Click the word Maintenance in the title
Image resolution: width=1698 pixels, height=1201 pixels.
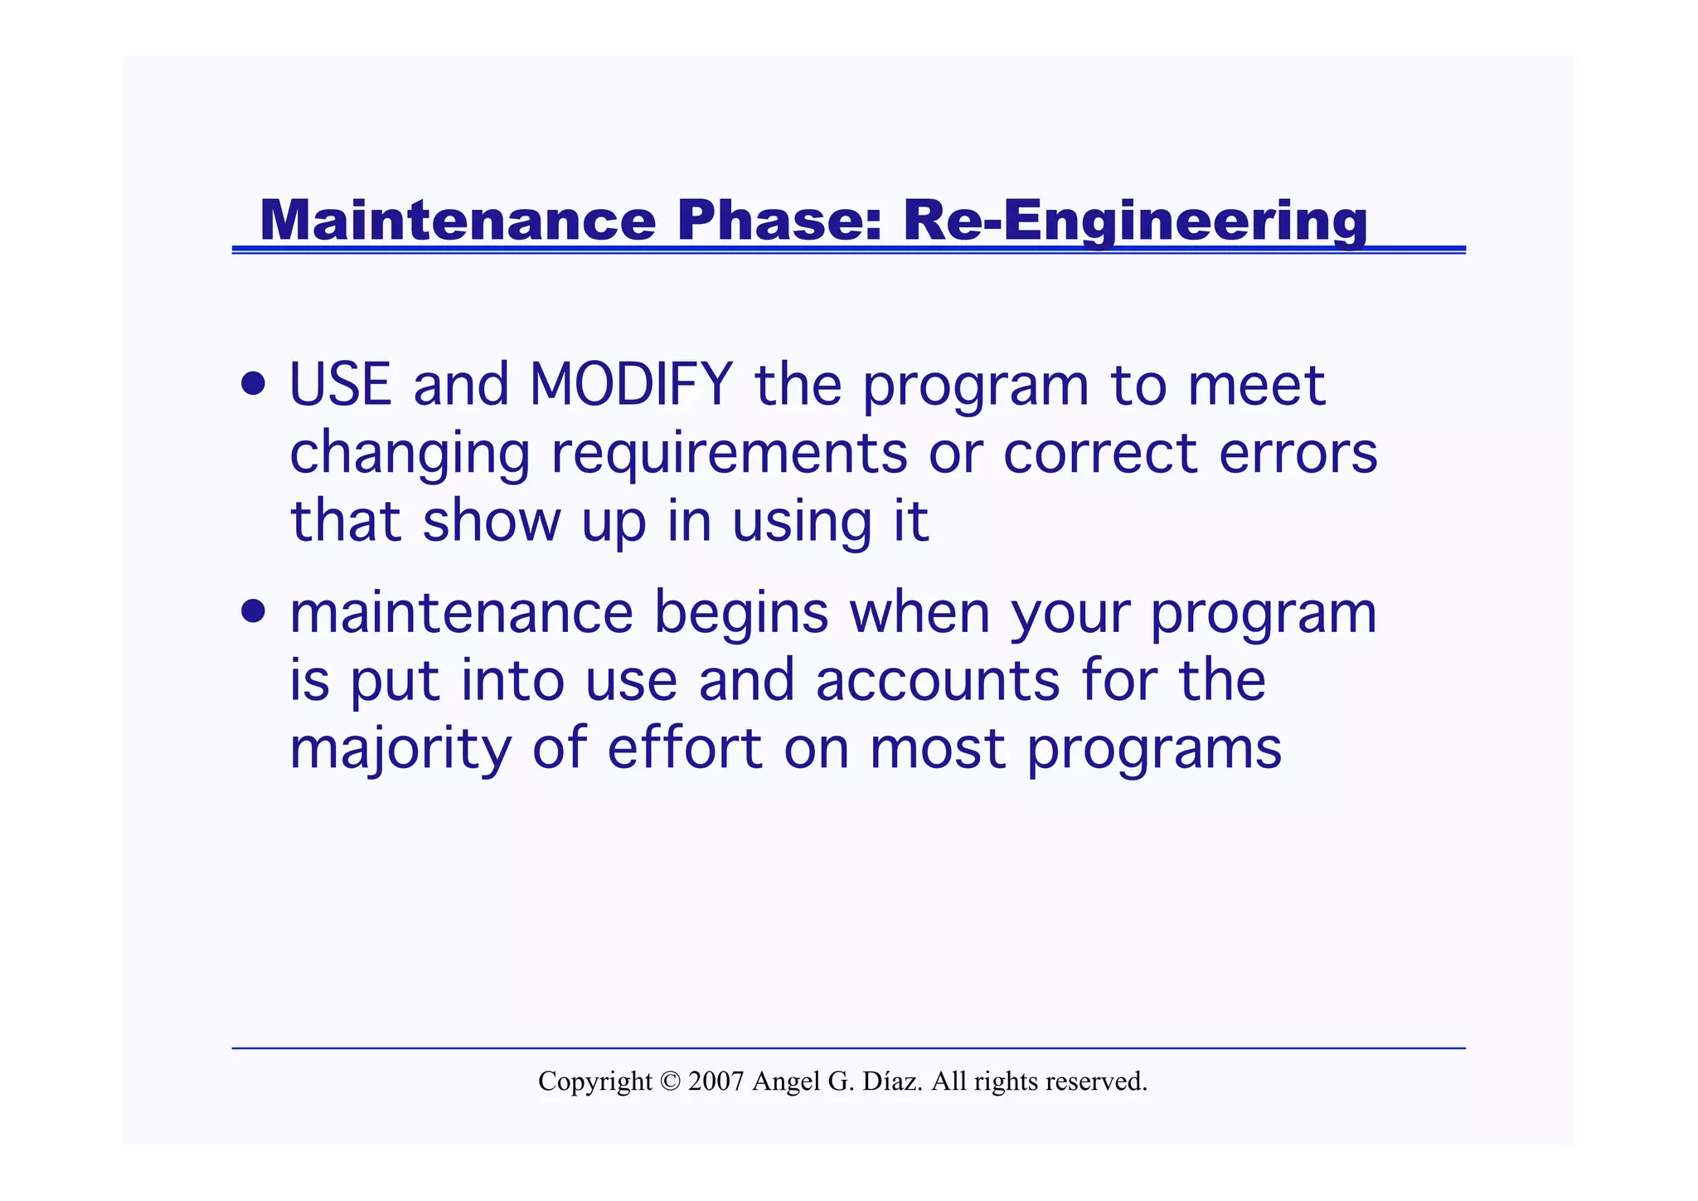(x=457, y=221)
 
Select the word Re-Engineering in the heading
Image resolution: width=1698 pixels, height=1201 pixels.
(x=1134, y=221)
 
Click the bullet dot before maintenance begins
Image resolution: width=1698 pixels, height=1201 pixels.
(x=254, y=612)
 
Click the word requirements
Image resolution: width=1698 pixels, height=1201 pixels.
(x=729, y=455)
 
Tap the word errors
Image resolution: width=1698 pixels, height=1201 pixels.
(x=1298, y=455)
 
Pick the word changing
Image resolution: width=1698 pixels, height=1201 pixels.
(x=410, y=455)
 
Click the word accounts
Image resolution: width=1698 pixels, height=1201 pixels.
(x=938, y=681)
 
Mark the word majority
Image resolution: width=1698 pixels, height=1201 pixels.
(x=400, y=749)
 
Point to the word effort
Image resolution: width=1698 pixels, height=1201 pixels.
(x=684, y=749)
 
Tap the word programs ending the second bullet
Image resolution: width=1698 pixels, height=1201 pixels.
(x=1153, y=749)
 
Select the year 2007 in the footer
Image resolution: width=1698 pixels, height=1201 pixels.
(x=716, y=1082)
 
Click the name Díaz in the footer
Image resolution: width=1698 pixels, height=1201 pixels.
(x=892, y=1082)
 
